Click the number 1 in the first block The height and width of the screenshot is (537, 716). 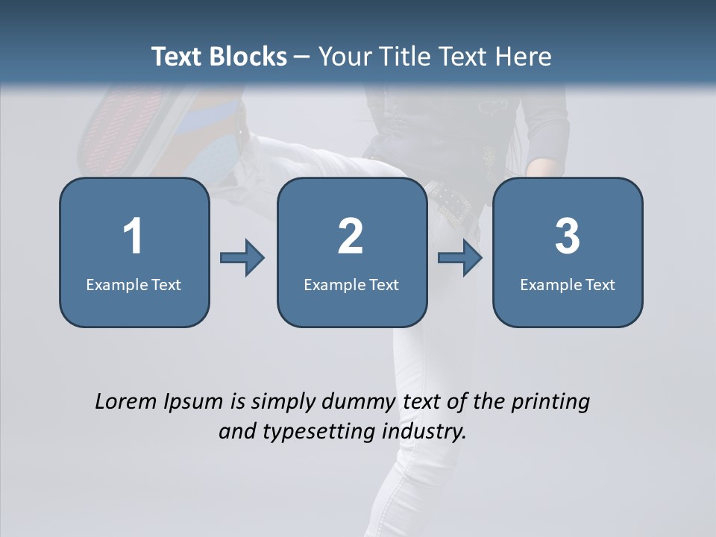click(x=134, y=236)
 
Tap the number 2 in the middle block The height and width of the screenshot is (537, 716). click(x=351, y=236)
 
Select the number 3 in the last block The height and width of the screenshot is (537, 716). click(x=568, y=236)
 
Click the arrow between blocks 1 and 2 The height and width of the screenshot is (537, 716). click(x=242, y=258)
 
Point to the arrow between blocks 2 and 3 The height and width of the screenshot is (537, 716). click(x=460, y=258)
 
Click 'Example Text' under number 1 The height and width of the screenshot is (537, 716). click(x=134, y=284)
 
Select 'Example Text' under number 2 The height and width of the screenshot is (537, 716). click(x=351, y=284)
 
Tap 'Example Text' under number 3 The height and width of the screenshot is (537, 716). click(x=568, y=284)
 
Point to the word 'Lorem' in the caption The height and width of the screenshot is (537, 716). click(x=126, y=401)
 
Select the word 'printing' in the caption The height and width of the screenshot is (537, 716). click(x=550, y=402)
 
